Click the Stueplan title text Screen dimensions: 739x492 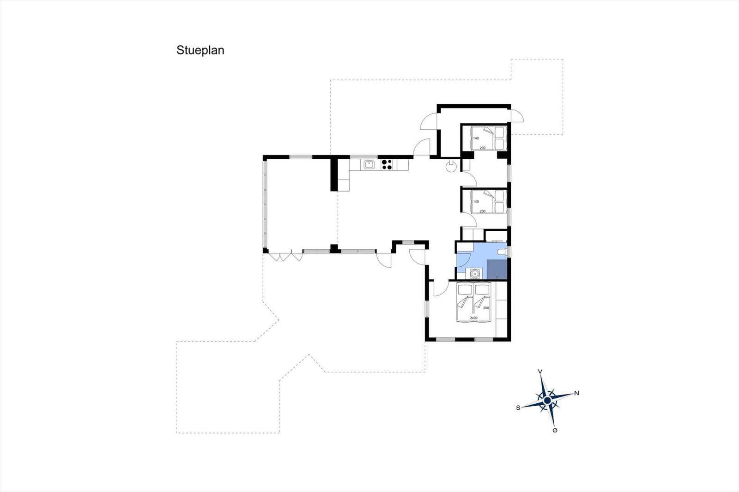pos(200,50)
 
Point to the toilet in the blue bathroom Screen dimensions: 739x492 pos(502,252)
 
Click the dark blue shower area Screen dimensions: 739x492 pos(497,270)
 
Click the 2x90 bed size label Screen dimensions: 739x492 pos(474,318)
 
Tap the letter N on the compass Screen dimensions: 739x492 pos(577,393)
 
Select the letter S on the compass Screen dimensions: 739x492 pos(518,408)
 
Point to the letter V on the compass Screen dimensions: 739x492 pos(540,372)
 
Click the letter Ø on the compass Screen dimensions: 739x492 pos(555,430)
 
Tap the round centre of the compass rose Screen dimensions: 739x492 pos(547,401)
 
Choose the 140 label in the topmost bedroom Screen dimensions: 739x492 pos(476,138)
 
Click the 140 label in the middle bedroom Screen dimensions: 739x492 pos(476,202)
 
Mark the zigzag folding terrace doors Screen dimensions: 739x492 pos(286,257)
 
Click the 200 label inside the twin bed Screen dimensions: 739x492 pos(486,308)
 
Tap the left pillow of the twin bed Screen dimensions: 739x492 pos(465,290)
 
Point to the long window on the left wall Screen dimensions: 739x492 pos(265,204)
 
